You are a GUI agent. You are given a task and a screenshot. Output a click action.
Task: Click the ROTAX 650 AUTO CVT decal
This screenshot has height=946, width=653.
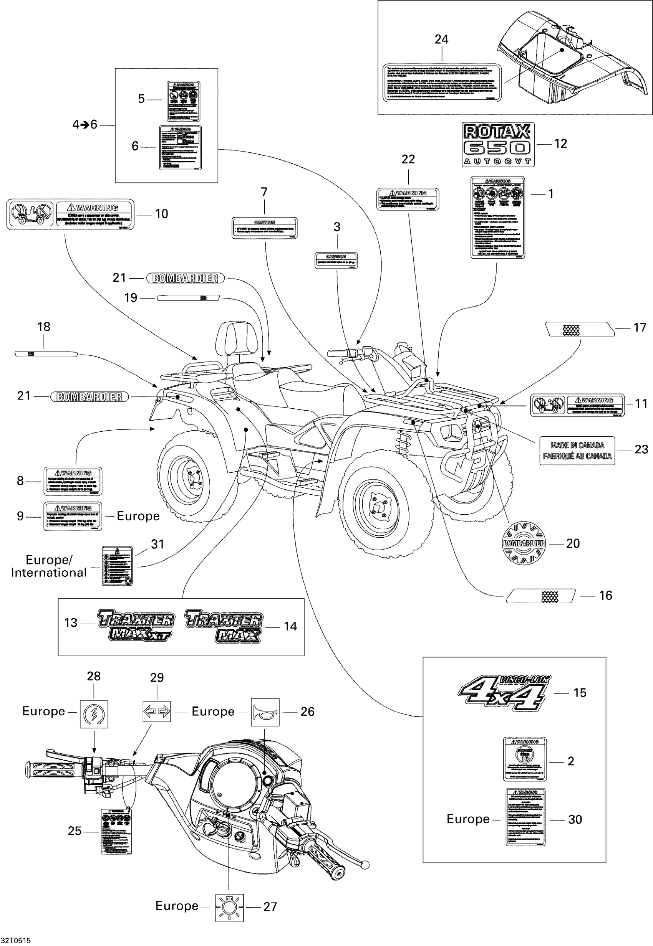click(x=497, y=144)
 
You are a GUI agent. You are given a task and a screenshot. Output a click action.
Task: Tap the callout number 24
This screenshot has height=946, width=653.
click(x=441, y=40)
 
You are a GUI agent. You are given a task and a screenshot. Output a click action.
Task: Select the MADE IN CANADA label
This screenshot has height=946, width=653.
click(x=577, y=451)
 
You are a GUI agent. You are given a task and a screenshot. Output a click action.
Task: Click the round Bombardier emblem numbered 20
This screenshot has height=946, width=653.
click(x=524, y=543)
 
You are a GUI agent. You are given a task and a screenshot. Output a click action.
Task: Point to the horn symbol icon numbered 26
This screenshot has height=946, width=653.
click(x=265, y=712)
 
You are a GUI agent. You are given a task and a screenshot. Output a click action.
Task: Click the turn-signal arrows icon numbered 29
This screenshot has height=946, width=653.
click(x=157, y=712)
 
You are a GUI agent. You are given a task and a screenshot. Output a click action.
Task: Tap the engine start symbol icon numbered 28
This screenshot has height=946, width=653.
click(x=94, y=714)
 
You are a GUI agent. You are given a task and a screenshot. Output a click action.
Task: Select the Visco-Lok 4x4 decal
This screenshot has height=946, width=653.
click(x=504, y=693)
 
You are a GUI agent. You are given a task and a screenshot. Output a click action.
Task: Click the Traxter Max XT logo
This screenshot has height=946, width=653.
click(x=136, y=624)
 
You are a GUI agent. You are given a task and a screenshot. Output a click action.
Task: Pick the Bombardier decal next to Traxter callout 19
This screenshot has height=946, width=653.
click(x=186, y=278)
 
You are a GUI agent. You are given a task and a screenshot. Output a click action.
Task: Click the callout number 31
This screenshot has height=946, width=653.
click(x=157, y=544)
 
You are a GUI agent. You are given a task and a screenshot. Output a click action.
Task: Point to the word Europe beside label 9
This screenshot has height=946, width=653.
click(x=138, y=516)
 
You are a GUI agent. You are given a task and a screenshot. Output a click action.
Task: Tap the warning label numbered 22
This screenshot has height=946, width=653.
click(x=408, y=199)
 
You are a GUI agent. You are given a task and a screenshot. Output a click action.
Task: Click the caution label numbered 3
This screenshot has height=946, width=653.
click(x=336, y=261)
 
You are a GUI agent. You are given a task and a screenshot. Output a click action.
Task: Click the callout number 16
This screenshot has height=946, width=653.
click(x=605, y=595)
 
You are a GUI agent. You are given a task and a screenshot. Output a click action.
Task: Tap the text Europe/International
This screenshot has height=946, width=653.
click(x=49, y=566)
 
